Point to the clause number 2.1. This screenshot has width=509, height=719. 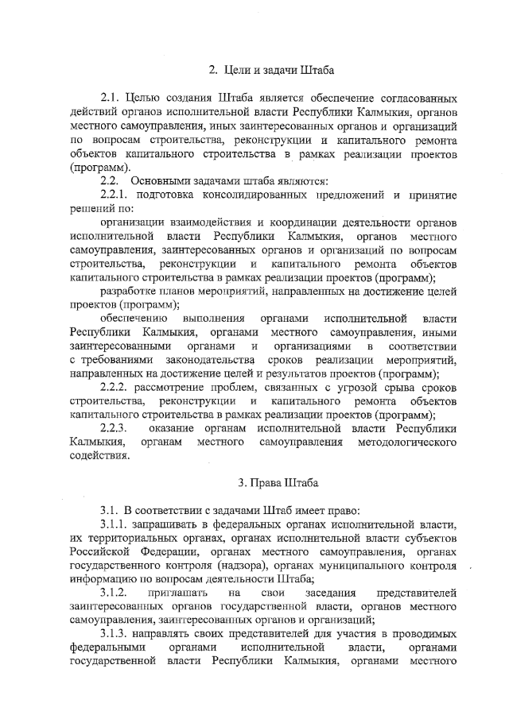tap(111, 97)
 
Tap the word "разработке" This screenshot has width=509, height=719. tap(131, 291)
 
